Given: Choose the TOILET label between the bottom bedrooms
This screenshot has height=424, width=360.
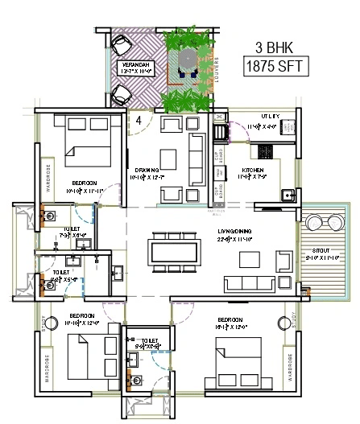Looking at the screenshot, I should (x=149, y=341).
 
